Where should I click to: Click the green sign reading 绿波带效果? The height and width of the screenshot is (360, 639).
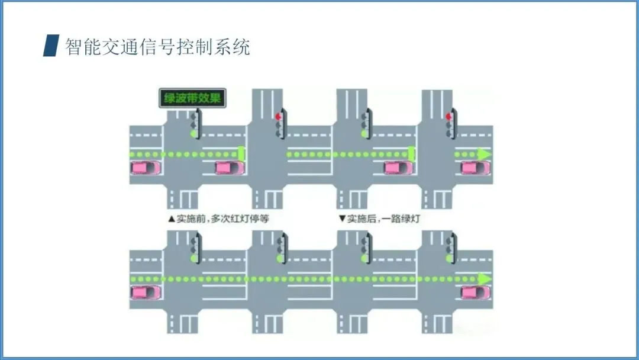point(192,98)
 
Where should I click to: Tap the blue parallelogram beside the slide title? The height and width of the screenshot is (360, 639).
point(51,46)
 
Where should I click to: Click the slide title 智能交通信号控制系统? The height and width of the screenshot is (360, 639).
point(157,46)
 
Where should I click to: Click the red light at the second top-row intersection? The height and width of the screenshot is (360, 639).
point(277,117)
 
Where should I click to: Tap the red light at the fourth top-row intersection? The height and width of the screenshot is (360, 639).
point(448,117)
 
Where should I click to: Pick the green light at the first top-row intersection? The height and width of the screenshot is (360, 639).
point(193,134)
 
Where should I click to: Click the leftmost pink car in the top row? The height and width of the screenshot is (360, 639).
point(146,168)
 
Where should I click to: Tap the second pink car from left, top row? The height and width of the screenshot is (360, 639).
point(230,168)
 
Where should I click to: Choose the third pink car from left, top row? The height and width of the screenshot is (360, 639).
point(399,168)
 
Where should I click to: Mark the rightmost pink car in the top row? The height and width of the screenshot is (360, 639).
point(476,168)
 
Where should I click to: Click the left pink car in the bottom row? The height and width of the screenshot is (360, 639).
point(146,292)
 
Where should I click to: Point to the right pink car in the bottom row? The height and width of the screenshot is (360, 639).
point(476,292)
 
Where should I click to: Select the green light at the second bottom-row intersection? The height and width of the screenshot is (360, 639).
point(279,258)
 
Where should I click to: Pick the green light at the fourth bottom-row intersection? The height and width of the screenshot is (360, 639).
point(448,258)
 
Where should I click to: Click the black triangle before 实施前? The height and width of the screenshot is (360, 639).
point(172,218)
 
